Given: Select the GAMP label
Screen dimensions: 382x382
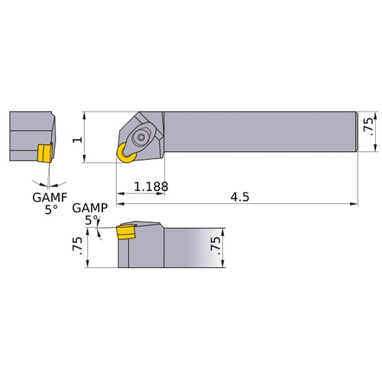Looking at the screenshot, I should [x=89, y=208].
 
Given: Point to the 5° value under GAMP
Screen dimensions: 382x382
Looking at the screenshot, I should [x=92, y=220].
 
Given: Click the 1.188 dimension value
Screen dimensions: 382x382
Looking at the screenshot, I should [x=151, y=186].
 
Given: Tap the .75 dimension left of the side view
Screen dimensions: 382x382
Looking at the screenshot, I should [x=76, y=246].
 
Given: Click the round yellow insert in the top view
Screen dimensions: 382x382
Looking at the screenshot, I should [x=124, y=154].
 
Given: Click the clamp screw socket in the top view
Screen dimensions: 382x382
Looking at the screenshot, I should [x=141, y=138].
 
